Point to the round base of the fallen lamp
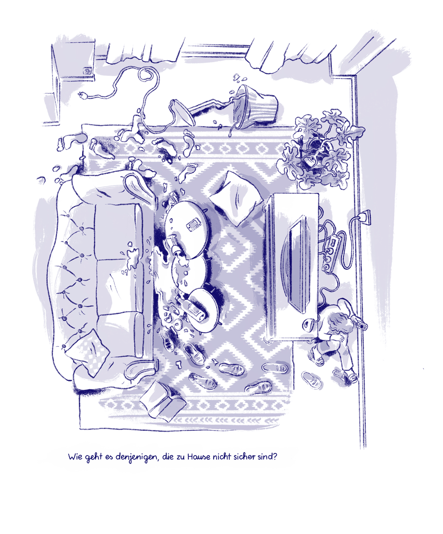(x=182, y=113)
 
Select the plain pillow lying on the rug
(x=236, y=198)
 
